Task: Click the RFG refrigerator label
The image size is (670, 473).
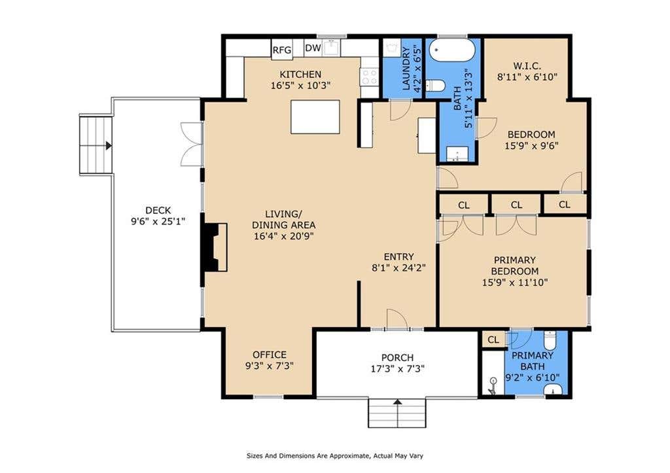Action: pos(281,50)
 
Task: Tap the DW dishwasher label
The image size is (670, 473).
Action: pos(313,48)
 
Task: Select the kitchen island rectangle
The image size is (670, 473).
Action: pos(315,116)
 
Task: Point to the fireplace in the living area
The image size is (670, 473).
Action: pos(215,247)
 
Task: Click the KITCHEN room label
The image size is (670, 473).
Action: pos(300,75)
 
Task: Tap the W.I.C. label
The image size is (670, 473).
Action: pos(527,66)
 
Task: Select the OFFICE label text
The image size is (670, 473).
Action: pos(269,355)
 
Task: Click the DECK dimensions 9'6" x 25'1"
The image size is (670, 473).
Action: pos(158,221)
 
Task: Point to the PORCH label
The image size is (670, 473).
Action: pos(397,357)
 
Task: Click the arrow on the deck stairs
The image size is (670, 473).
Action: pos(109,145)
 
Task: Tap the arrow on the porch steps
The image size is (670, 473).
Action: pos(397,402)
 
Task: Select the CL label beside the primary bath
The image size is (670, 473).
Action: pos(493,340)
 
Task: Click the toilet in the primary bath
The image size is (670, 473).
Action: pos(550,340)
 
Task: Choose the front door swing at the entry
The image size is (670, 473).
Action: pos(396,319)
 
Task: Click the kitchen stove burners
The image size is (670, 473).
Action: pos(370,77)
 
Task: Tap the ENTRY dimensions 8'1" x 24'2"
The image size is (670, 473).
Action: pos(398,268)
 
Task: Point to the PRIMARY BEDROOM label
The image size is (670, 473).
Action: pos(514,266)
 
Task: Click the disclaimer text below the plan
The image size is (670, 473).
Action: pos(335,456)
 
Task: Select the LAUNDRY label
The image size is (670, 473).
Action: pos(406,68)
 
